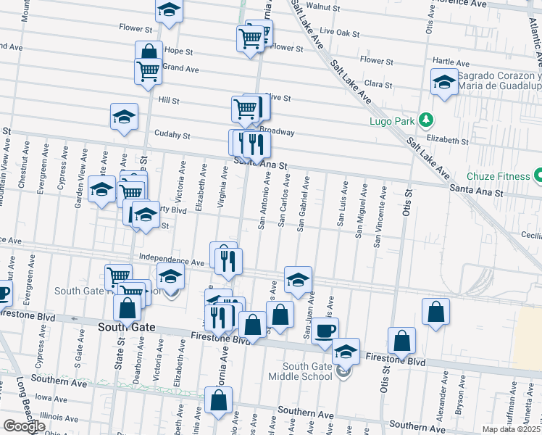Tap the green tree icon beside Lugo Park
pos(427,119)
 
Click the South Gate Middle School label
pos(300,370)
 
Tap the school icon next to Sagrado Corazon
pos(443,82)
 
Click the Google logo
pos(23,426)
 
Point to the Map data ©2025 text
pos(512,429)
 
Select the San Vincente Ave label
pos(377,215)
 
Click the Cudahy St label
pos(172,135)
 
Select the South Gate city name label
pos(126,328)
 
